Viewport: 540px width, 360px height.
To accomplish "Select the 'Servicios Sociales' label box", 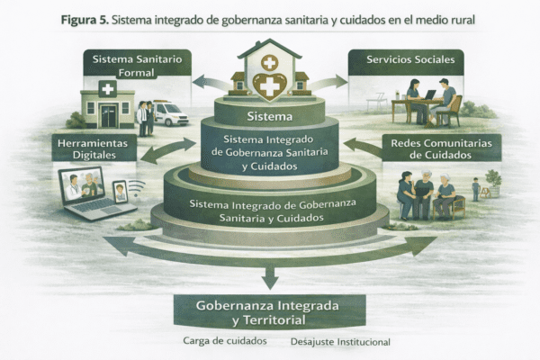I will pos(404,61).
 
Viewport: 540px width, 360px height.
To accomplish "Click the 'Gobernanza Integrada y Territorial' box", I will pos(270,311).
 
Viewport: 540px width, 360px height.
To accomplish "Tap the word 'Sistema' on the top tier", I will pos(270,115).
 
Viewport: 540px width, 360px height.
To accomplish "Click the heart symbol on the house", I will pos(270,86).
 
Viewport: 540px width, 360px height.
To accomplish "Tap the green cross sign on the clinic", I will pos(108,88).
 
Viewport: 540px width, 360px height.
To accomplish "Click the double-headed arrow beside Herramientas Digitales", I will pos(167,149).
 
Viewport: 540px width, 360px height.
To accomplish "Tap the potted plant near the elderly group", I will pos(493,181).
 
